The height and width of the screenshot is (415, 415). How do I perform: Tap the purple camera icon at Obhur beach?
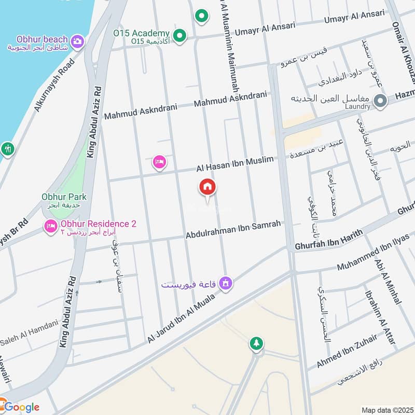point(77,41)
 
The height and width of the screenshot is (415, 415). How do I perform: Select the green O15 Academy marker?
point(179,36)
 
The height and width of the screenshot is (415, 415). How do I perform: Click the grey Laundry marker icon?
point(380,101)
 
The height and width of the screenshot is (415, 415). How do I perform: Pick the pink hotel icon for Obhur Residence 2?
point(50,227)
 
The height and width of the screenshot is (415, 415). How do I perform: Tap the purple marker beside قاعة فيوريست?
point(226,283)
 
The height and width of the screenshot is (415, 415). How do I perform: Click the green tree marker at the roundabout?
point(256,343)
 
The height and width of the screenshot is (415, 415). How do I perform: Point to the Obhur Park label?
point(64,197)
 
